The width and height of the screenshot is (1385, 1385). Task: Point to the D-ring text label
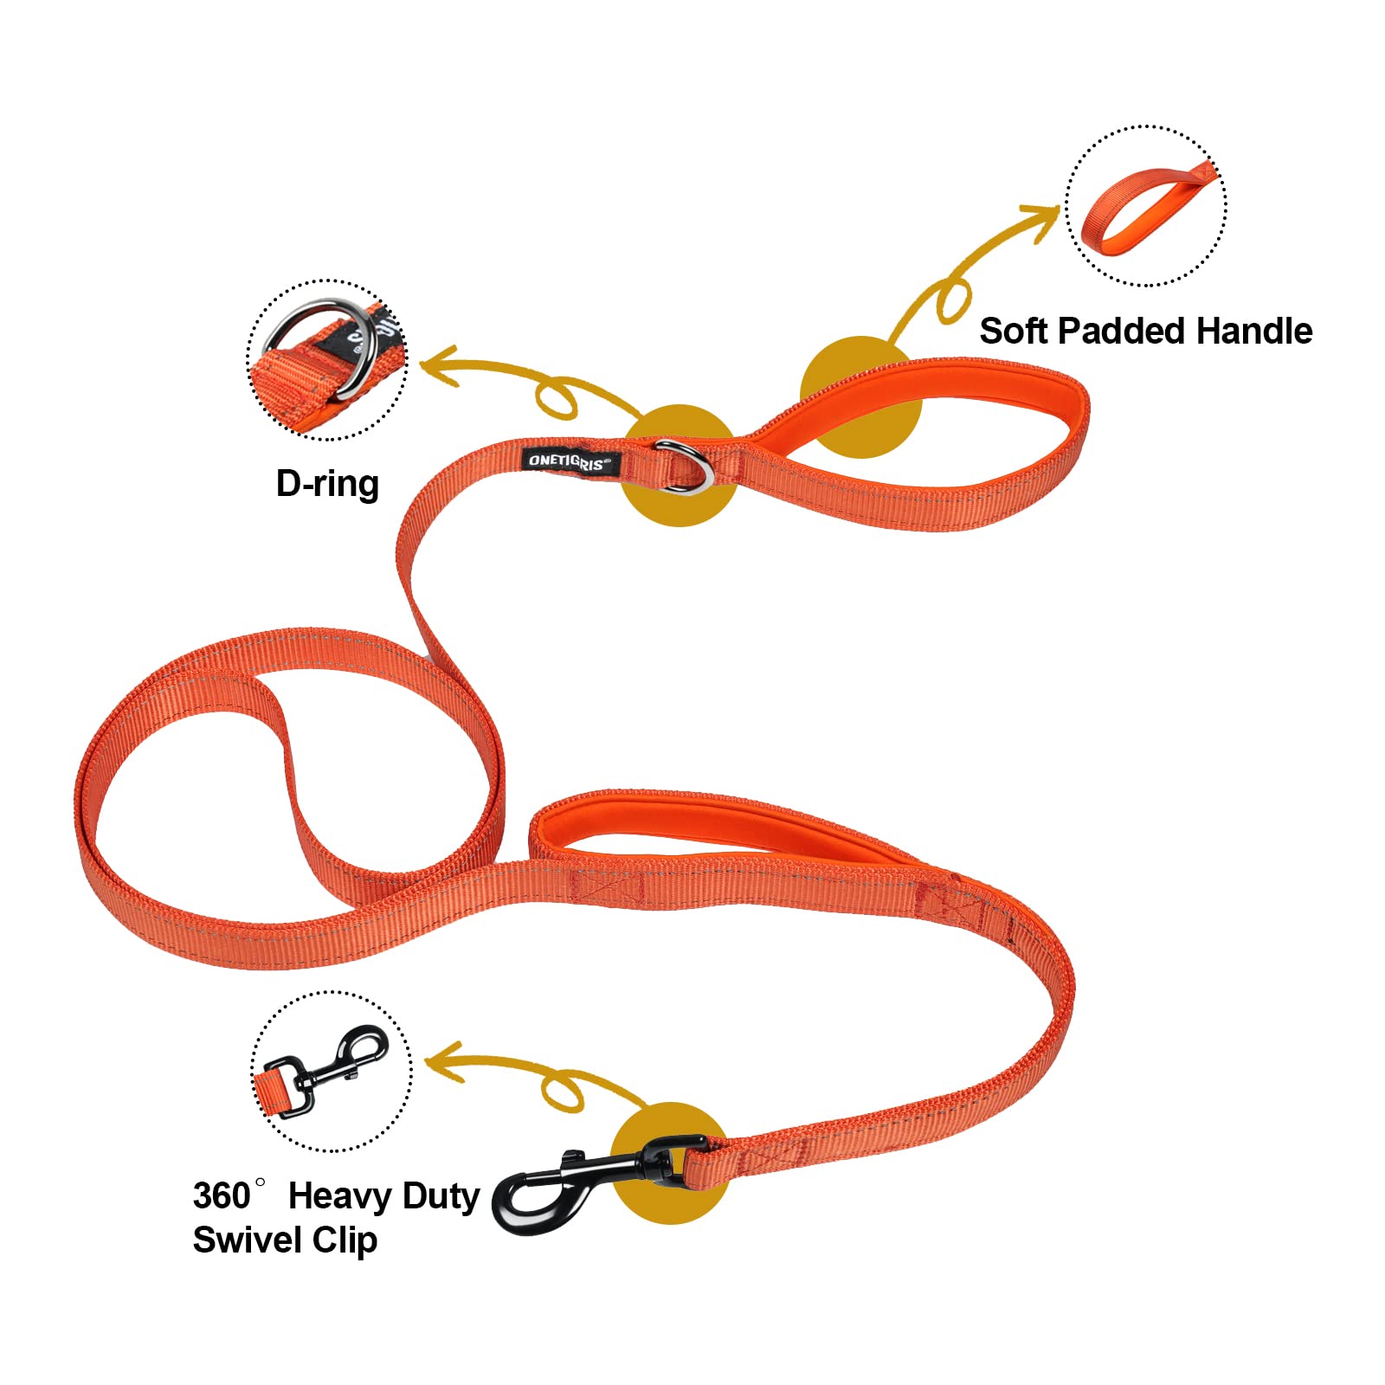pyautogui.click(x=327, y=484)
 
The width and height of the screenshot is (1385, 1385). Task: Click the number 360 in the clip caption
pyautogui.click(x=222, y=1196)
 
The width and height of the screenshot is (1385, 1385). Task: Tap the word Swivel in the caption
pyautogui.click(x=247, y=1240)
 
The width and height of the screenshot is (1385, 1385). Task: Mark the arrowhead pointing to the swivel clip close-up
pyautogui.click(x=441, y=1063)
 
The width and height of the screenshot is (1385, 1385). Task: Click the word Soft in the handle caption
pyautogui.click(x=1013, y=332)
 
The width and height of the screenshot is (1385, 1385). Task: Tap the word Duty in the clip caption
pyautogui.click(x=441, y=1196)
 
